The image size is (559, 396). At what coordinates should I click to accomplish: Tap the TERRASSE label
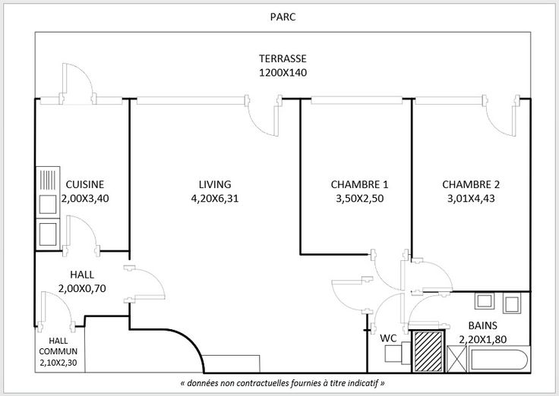[282, 60]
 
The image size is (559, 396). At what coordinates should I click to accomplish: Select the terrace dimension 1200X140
[282, 74]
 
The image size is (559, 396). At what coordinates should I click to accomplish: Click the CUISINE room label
[84, 184]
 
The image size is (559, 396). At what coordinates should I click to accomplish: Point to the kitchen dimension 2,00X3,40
[84, 198]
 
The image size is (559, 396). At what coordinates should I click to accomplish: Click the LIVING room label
[215, 184]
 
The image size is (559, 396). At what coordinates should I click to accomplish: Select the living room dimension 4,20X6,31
[215, 198]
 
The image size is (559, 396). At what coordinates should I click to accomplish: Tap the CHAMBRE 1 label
[359, 184]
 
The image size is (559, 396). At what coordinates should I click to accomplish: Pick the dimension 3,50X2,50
[359, 198]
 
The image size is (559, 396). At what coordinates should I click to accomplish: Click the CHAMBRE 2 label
[471, 184]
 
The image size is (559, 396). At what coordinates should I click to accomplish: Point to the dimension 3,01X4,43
[471, 198]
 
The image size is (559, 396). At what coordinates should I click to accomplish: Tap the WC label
[387, 338]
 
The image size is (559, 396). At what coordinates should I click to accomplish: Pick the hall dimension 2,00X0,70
[82, 288]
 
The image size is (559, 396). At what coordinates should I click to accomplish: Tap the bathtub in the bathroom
[494, 357]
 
